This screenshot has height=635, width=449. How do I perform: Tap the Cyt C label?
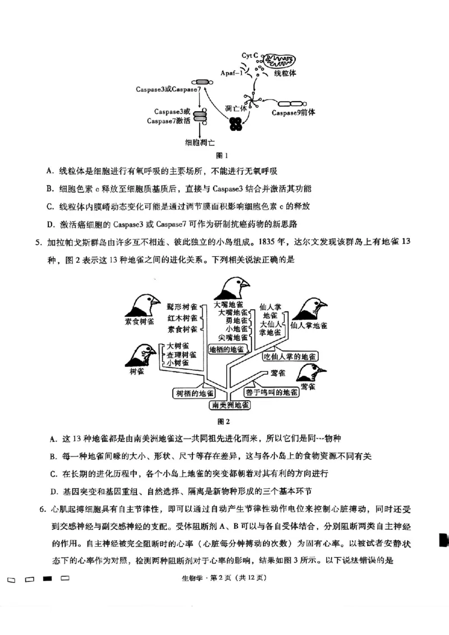pos(250,55)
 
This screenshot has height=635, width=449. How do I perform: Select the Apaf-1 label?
pos(231,73)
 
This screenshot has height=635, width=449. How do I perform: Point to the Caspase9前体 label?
pos(293,112)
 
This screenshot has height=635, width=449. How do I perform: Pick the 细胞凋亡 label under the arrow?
pos(200,143)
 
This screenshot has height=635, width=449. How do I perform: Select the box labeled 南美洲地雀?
pos(231,405)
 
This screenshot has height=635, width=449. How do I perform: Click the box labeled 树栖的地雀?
pos(194,393)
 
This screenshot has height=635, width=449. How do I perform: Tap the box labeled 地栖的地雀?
pos(226,349)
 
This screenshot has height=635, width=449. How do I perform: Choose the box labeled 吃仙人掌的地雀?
pos(290,356)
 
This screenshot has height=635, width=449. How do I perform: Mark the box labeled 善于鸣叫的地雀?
pos(271,392)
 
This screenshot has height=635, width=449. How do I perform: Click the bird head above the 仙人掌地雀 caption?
pos(312,308)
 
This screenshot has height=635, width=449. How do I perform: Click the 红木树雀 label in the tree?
pos(182,317)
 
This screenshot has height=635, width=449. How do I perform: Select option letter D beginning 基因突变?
pos(52,492)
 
